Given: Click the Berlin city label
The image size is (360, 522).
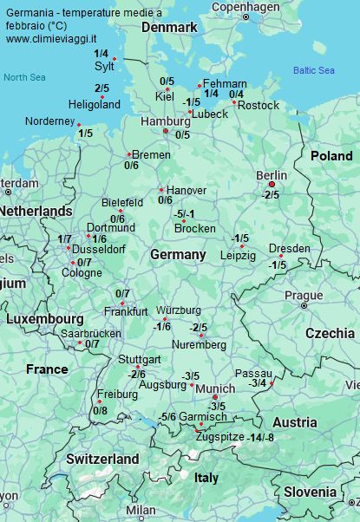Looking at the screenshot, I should [x=272, y=175].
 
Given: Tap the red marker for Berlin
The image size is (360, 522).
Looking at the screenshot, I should [x=272, y=185].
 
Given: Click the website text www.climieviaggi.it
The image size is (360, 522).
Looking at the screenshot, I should [x=54, y=40].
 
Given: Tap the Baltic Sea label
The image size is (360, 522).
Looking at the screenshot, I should [x=313, y=70].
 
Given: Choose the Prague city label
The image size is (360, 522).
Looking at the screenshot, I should [x=304, y=296].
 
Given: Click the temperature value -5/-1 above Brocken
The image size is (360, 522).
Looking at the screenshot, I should [x=185, y=214].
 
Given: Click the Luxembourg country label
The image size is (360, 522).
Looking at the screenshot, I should [x=44, y=319].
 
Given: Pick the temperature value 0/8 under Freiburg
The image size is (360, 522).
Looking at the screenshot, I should [x=100, y=410].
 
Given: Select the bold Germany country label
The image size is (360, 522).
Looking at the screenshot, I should [x=178, y=255].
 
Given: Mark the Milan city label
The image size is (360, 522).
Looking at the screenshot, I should [x=141, y=511].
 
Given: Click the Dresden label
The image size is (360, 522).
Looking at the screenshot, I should [x=289, y=249].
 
